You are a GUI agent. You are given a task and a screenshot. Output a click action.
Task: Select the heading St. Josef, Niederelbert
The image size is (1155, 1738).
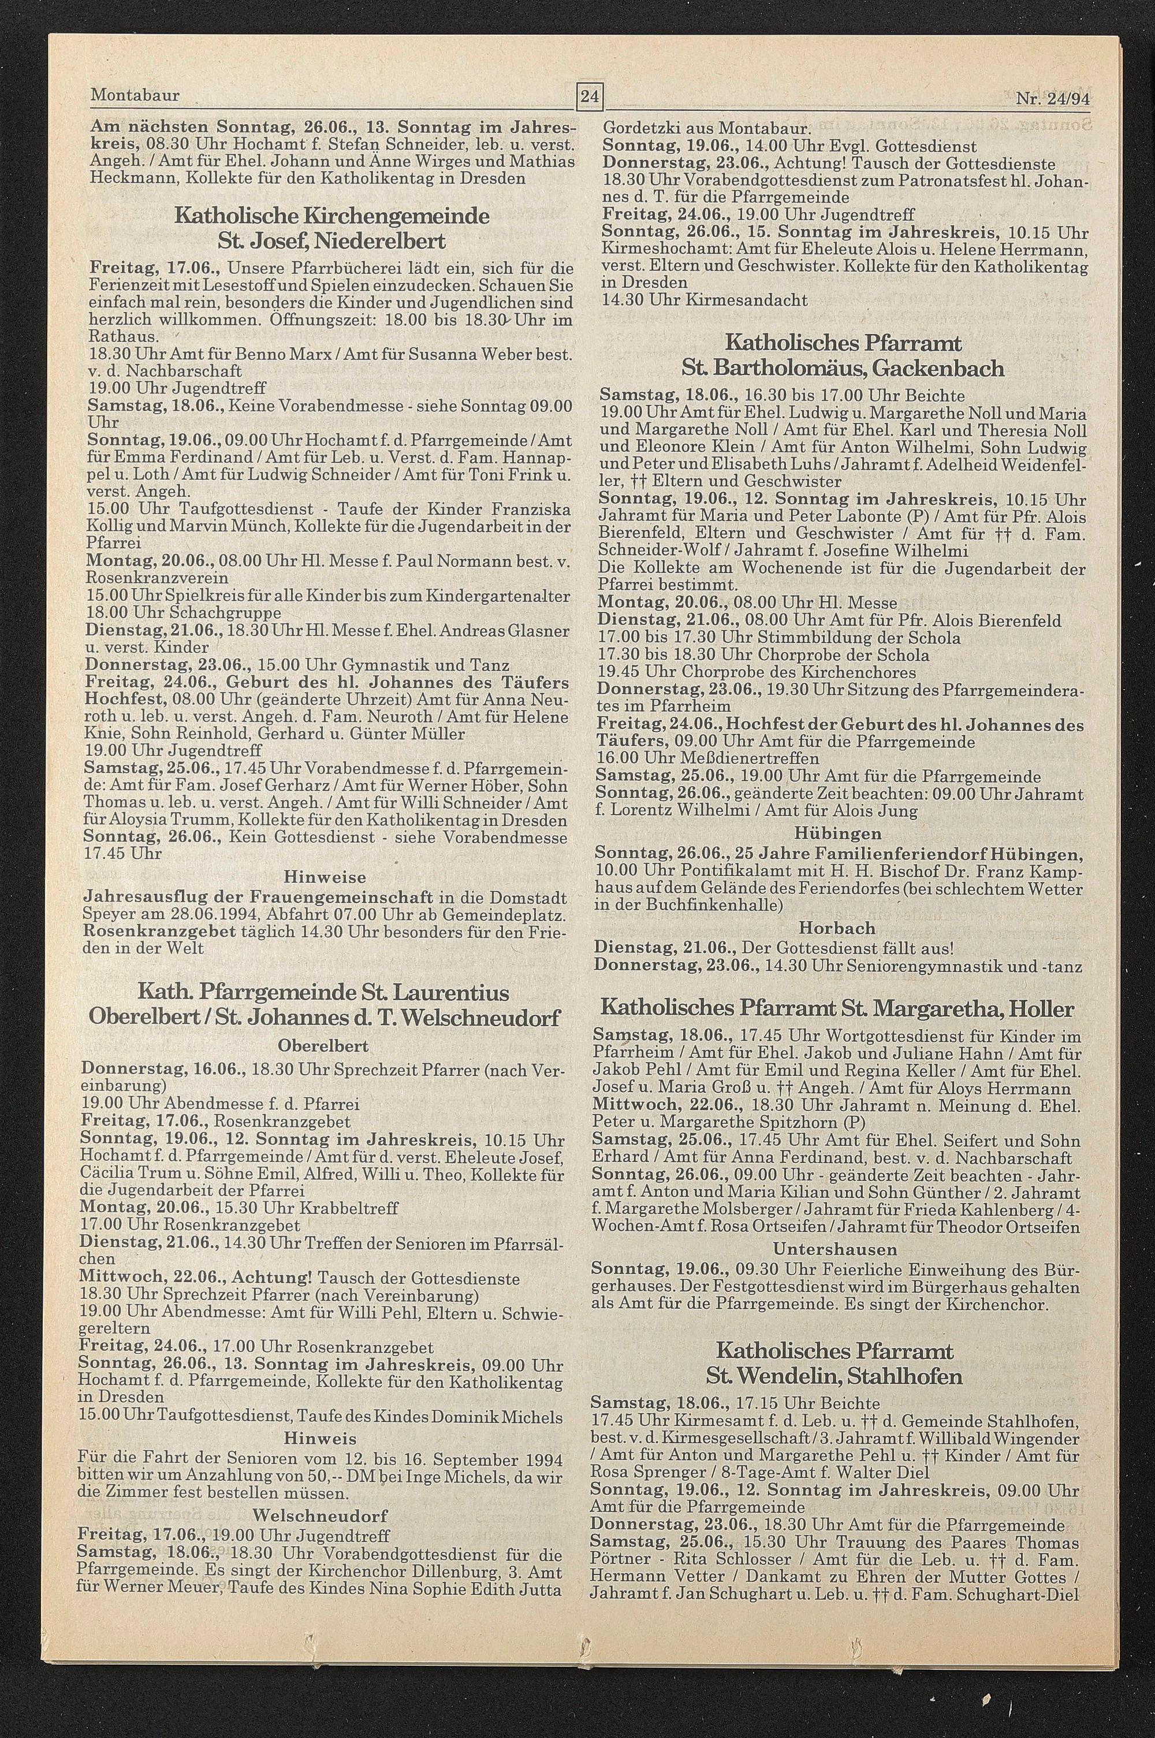point(331,240)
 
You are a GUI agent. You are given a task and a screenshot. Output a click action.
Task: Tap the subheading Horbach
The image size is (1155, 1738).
point(837,927)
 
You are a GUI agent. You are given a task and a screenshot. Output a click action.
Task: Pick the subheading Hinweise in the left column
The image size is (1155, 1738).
point(325,878)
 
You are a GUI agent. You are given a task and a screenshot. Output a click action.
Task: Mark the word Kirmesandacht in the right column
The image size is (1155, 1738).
point(746,300)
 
